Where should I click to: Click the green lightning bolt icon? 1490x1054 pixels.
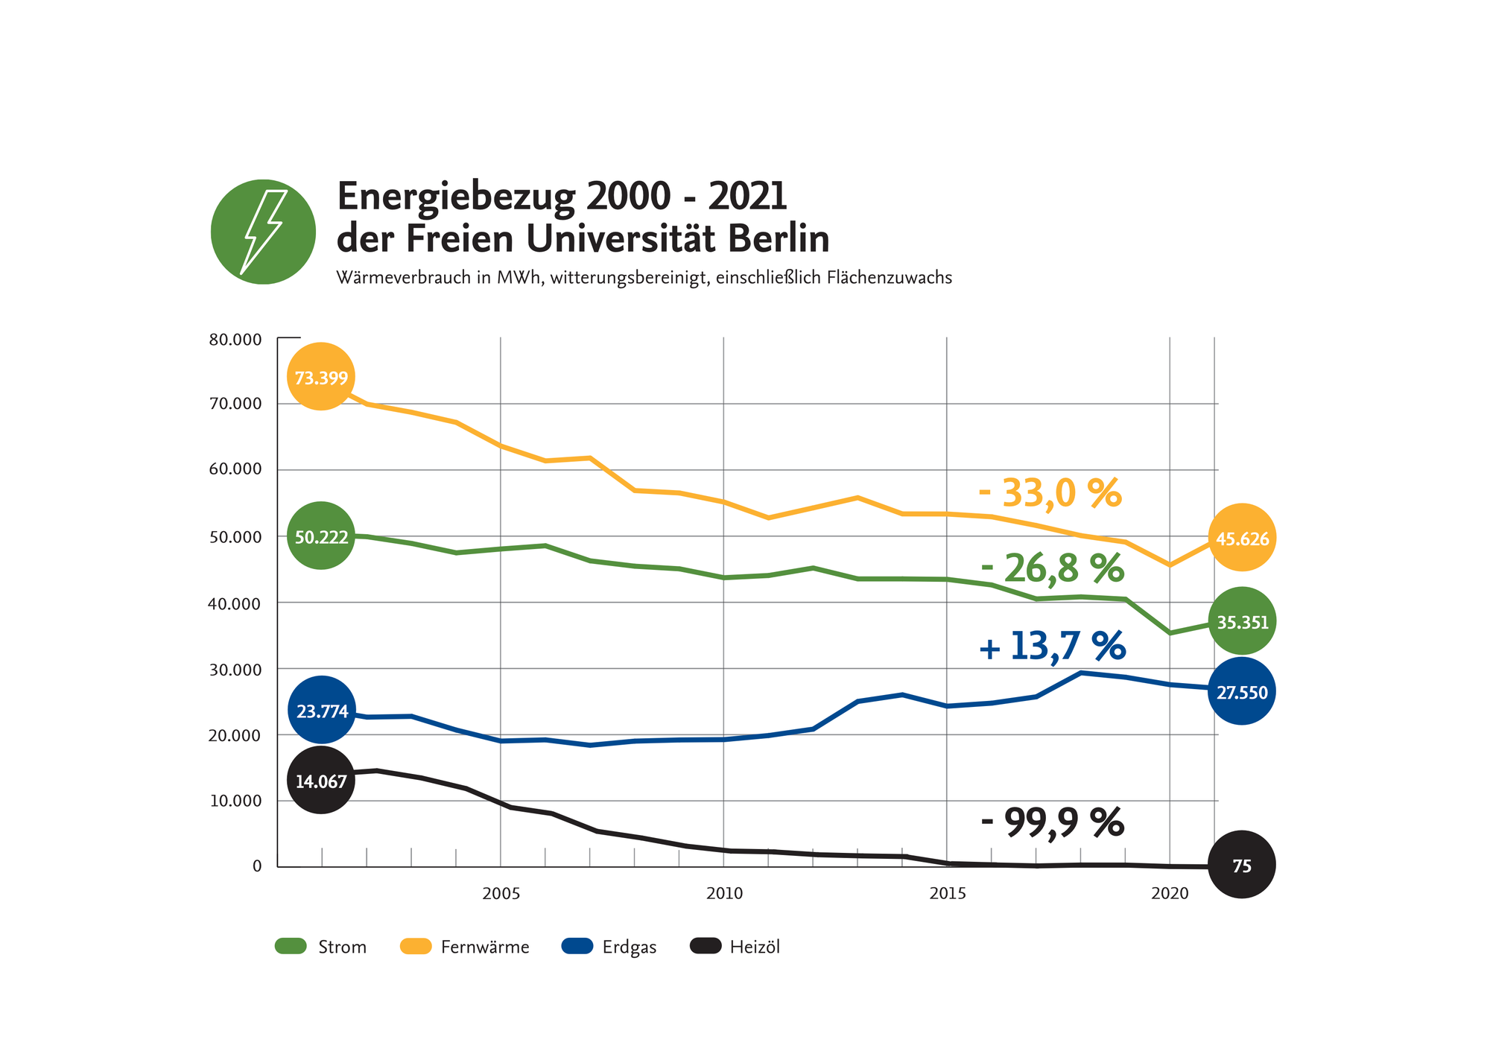coord(263,232)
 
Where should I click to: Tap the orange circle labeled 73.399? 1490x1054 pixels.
coord(321,377)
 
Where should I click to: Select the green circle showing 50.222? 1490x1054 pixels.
coord(321,536)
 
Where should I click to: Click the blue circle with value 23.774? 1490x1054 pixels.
coord(321,711)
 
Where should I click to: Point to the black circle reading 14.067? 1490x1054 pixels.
coord(321,781)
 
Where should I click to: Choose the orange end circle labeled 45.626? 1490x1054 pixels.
coord(1242,538)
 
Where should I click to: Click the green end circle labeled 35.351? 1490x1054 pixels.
coord(1242,621)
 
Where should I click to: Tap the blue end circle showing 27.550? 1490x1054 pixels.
coord(1242,692)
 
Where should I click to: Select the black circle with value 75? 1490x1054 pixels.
coord(1242,865)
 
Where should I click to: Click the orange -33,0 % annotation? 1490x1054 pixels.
coord(1050,492)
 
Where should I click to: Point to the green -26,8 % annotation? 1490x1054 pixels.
coord(1052,568)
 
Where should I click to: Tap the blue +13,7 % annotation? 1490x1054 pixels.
coord(1052,645)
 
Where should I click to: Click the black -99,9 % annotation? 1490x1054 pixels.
coord(1052,822)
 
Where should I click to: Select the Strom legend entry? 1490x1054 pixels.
coord(321,947)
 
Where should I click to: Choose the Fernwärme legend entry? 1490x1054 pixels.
coord(466,947)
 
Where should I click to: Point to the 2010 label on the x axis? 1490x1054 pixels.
coord(724,893)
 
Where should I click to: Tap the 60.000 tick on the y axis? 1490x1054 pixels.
coord(235,469)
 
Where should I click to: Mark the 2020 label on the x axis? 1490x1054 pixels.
coord(1170,893)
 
